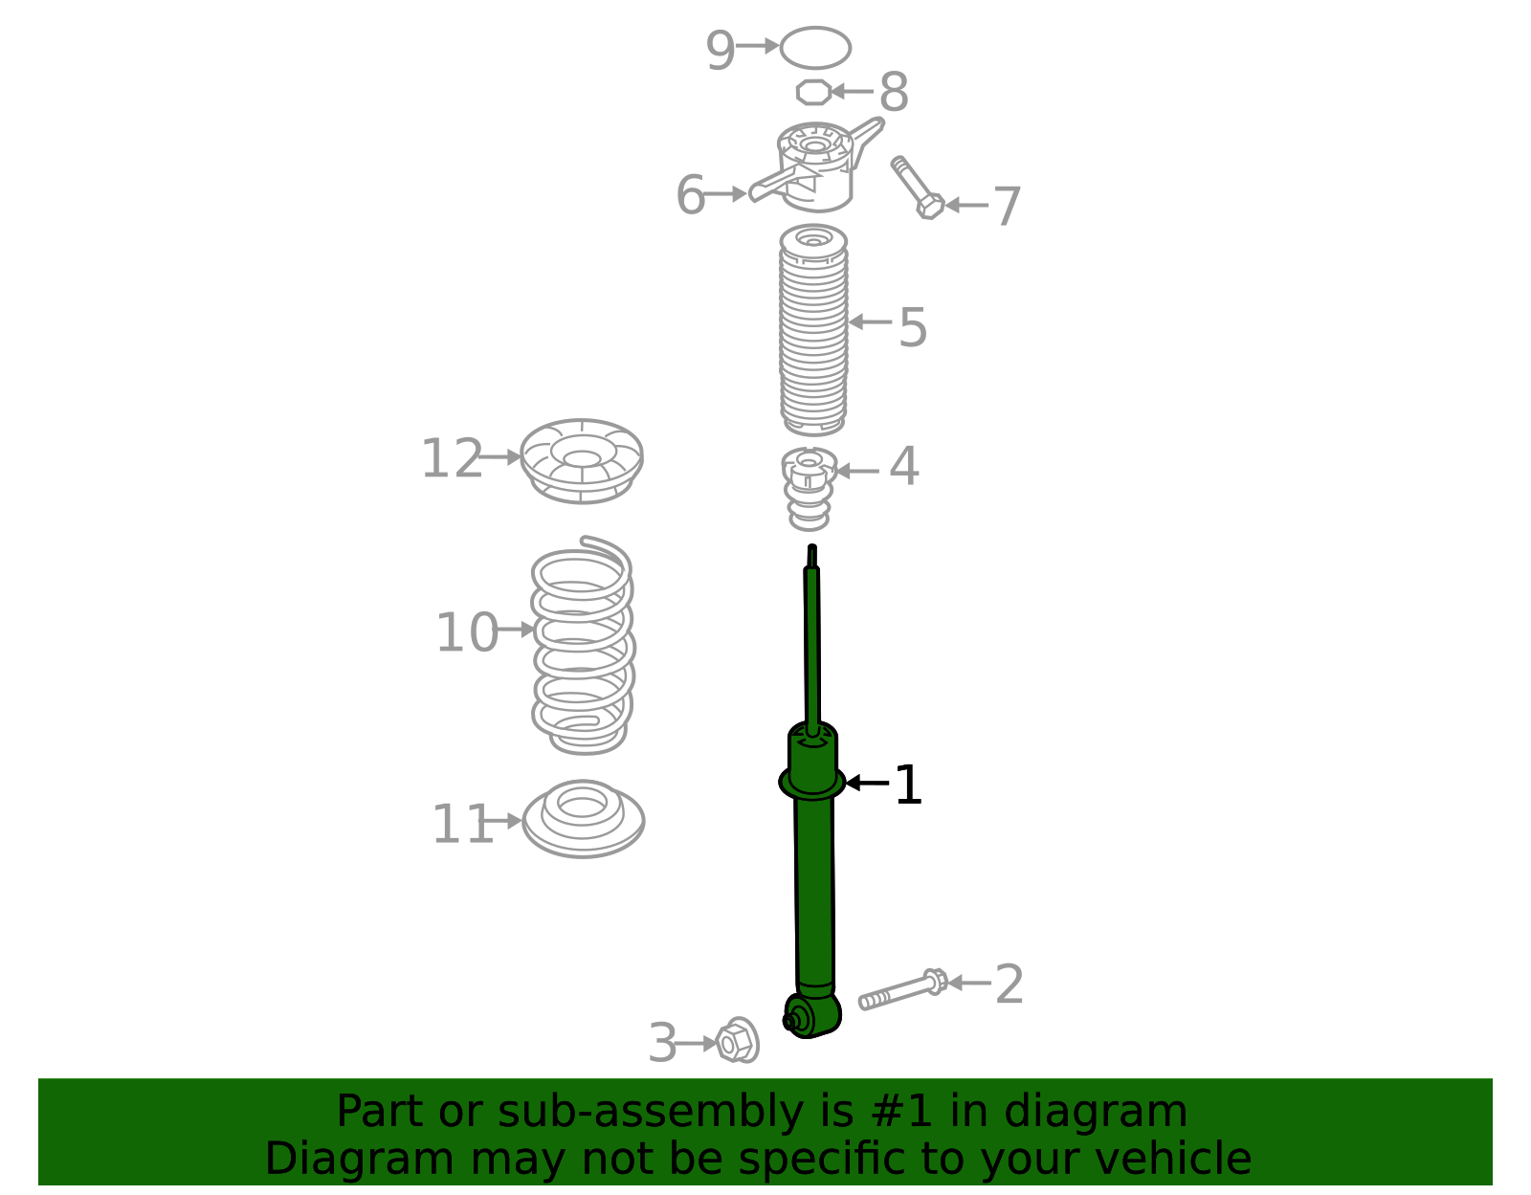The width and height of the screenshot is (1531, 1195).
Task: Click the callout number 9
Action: pyautogui.click(x=720, y=50)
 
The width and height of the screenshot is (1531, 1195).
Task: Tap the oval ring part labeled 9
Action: pyautogui.click(x=815, y=48)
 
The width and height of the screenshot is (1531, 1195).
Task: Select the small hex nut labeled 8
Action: pyautogui.click(x=813, y=93)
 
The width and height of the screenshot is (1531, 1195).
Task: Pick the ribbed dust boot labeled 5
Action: pyautogui.click(x=813, y=330)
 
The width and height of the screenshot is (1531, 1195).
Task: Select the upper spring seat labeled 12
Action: pyautogui.click(x=581, y=460)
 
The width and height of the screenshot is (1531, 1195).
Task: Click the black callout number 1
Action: pyautogui.click(x=907, y=786)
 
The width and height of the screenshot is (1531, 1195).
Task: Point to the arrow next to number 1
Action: pyautogui.click(x=865, y=783)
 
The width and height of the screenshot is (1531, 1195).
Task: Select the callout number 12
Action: pyautogui.click(x=452, y=459)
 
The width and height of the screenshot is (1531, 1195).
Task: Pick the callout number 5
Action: pyautogui.click(x=912, y=328)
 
